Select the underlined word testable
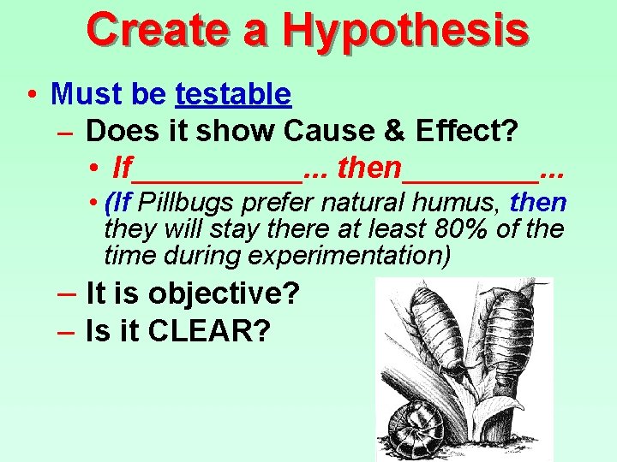(233, 93)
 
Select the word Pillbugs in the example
(188, 204)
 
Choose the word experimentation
(360, 254)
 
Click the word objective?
(224, 293)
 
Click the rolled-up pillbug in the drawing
(412, 428)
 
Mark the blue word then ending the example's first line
(538, 204)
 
